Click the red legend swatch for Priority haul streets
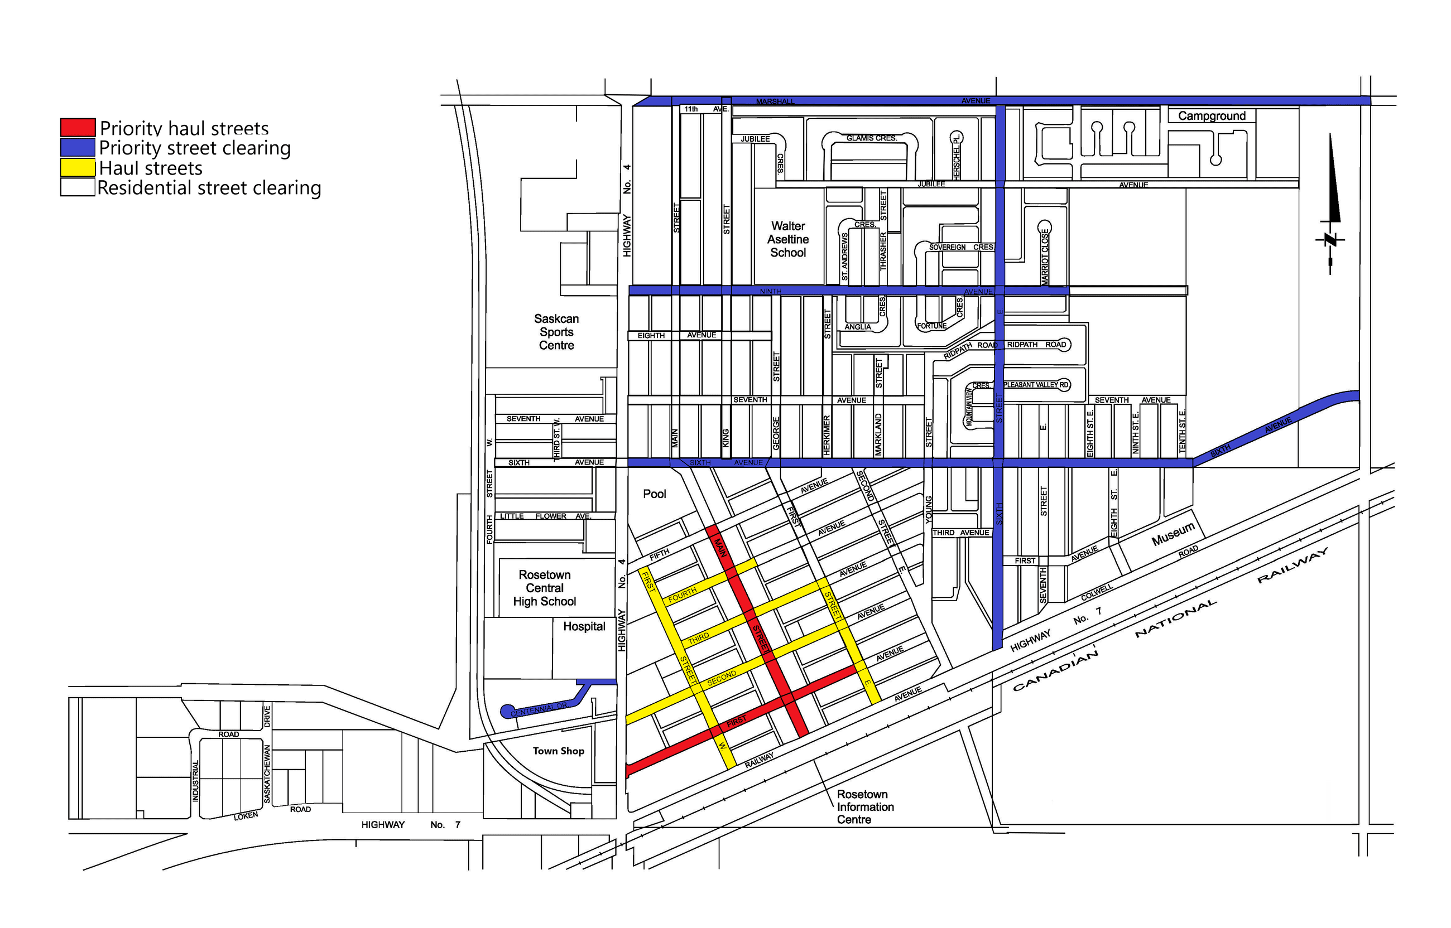pos(78,128)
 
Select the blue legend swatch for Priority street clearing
pos(78,148)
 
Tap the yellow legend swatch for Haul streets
pos(78,167)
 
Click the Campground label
pos(1212,115)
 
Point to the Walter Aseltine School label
pos(788,239)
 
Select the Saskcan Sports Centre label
pos(556,332)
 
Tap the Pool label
pos(654,494)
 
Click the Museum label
pos(1173,534)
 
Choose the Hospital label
pos(584,627)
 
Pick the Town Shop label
pos(558,751)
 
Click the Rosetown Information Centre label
pos(864,807)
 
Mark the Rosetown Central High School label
pos(544,588)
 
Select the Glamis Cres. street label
pos(871,138)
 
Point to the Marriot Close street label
pos(1045,256)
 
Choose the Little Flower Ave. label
pos(545,516)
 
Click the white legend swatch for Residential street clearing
pos(78,187)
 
